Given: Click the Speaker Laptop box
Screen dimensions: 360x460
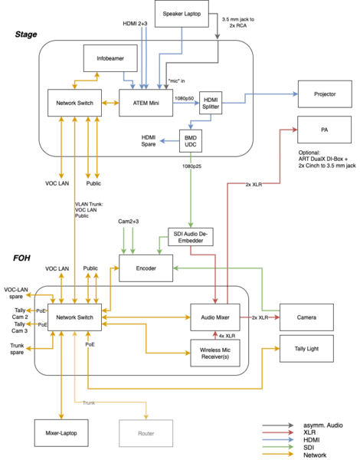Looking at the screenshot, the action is [182, 14].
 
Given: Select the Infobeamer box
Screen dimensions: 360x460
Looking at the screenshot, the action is [110, 58].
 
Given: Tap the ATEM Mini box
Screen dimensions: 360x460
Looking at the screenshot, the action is [146, 103].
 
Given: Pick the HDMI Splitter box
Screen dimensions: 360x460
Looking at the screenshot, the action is [211, 103].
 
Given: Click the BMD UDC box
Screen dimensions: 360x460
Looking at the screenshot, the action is [191, 141].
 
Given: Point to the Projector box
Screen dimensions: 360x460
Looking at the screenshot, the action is [325, 94].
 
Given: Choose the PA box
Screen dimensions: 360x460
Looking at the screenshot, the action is [325, 130].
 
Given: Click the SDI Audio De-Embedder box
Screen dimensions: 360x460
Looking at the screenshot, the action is [191, 237].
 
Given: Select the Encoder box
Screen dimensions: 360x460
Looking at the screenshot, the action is [146, 268].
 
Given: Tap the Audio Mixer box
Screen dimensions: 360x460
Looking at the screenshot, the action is [215, 317].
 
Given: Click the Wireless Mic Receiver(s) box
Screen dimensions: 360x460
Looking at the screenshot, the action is [215, 353].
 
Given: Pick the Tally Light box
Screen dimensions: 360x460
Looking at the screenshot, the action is [306, 349].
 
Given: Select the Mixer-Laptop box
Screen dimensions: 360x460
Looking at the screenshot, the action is [61, 433].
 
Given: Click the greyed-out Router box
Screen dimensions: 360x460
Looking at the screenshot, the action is [146, 433].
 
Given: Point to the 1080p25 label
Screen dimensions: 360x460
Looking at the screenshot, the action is [191, 166].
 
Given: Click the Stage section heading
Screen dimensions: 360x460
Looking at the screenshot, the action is [26, 34].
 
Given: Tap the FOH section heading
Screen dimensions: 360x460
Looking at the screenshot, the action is [21, 258].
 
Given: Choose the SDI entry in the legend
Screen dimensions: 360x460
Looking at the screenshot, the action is [309, 448].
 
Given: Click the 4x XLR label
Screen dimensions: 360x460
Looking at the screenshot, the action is [227, 336].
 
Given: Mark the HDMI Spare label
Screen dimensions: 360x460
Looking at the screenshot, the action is [149, 141].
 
